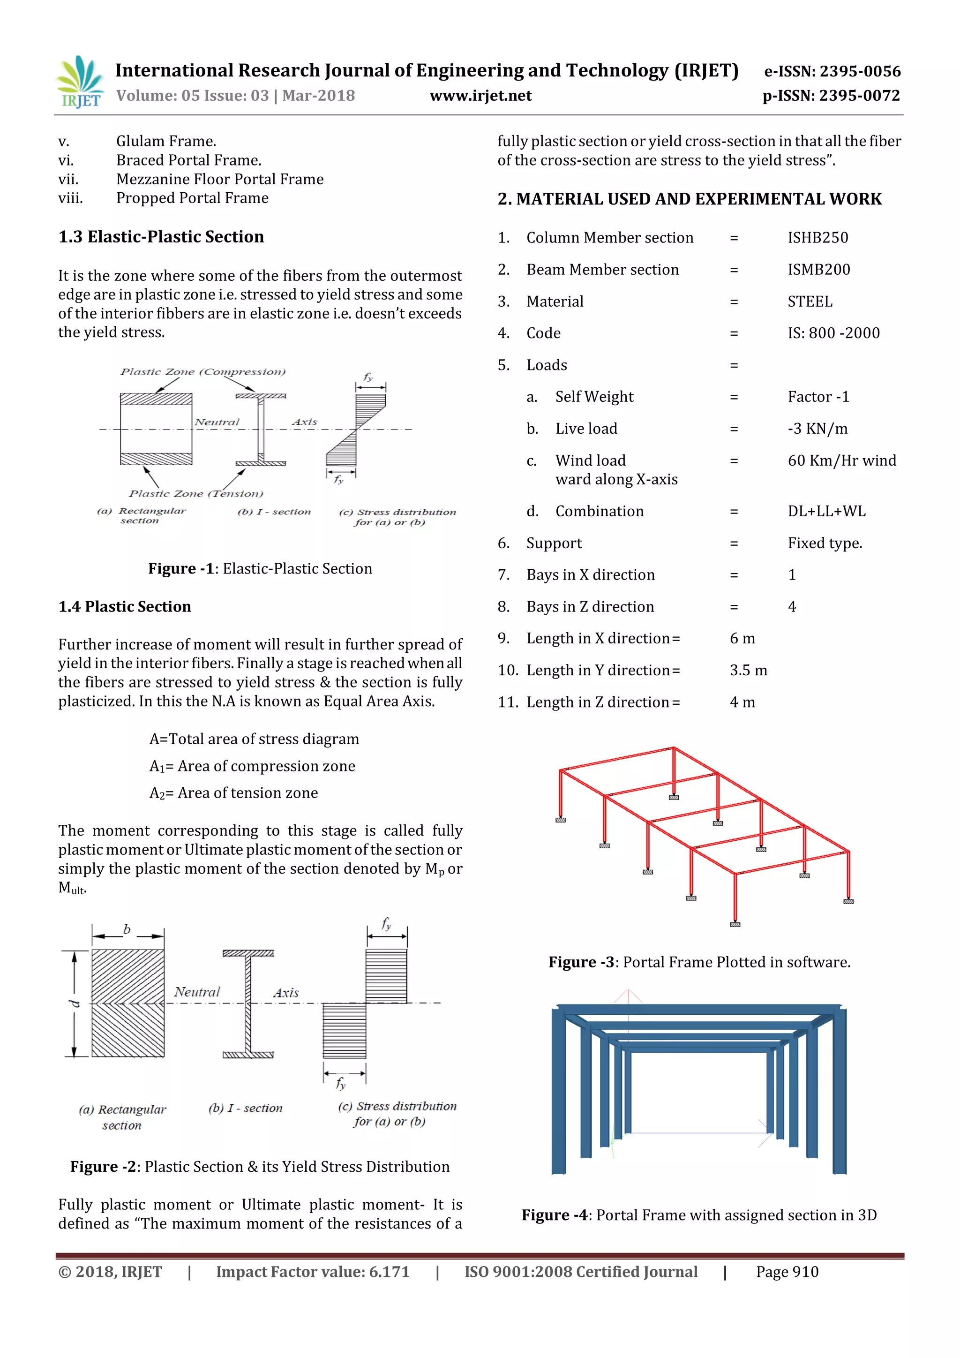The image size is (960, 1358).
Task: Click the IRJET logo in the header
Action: pos(80,82)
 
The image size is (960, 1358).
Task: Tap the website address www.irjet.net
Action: pos(480,96)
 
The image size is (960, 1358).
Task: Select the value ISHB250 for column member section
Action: pos(817,238)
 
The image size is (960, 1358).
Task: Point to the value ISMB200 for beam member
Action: pos(819,270)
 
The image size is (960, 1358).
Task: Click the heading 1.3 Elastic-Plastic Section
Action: pos(161,237)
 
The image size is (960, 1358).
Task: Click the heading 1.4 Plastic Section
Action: pos(125,607)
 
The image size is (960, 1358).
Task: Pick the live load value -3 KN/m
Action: pos(817,429)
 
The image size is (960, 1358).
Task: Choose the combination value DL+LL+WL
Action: pos(826,512)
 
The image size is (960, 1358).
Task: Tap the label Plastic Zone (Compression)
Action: pos(203,372)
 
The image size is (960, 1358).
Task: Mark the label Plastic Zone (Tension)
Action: pos(195,494)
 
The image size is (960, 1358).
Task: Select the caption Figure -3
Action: pos(699,962)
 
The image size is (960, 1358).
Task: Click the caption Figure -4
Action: pos(699,1215)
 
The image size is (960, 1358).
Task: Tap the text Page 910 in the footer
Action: pos(787,1272)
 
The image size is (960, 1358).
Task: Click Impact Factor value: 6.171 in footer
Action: pos(313,1272)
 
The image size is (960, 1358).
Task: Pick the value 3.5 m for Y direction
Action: pos(749,671)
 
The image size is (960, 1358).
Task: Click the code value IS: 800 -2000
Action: pos(833,333)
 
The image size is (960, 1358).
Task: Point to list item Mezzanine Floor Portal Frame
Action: pos(220,179)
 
